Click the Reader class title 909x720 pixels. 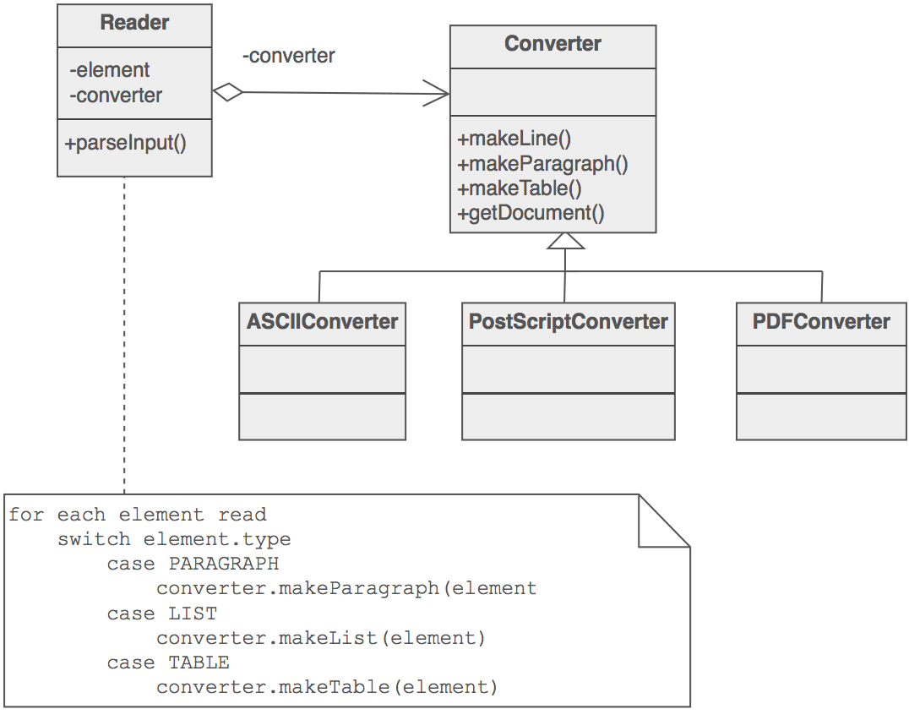click(134, 23)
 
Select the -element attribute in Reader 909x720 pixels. click(109, 70)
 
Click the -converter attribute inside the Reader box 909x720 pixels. click(115, 95)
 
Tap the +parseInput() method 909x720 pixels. click(125, 143)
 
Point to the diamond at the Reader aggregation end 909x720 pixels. click(227, 92)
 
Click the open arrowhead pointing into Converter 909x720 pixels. click(438, 93)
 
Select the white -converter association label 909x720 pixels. click(289, 57)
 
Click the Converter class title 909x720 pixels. click(552, 44)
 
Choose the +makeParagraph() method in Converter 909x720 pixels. click(542, 163)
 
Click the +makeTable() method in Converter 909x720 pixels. click(520, 188)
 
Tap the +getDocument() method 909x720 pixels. click(531, 213)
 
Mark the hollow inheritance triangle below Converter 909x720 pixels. click(565, 243)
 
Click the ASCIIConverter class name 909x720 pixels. click(322, 322)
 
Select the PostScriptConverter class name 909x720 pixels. click(568, 322)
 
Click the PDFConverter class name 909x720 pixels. click(821, 322)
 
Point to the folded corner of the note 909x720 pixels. click(665, 520)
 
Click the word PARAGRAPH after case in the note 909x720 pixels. click(224, 563)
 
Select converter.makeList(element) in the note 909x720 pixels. click(321, 638)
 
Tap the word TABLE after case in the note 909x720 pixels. click(199, 663)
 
